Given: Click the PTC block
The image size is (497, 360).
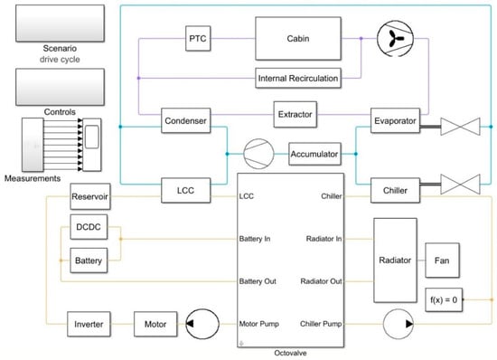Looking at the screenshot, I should click(x=197, y=40).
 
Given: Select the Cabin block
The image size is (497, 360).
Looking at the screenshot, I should click(x=297, y=40).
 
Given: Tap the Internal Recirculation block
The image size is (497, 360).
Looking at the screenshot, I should click(x=298, y=79).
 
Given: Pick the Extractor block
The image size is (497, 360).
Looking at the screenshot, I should click(x=298, y=115).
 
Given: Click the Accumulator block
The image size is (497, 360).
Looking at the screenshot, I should click(x=314, y=154).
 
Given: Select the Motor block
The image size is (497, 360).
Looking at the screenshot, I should click(x=156, y=322).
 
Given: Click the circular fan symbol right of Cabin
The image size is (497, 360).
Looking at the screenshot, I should click(x=389, y=40).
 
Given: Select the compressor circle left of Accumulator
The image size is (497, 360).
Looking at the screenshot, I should click(x=258, y=153).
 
